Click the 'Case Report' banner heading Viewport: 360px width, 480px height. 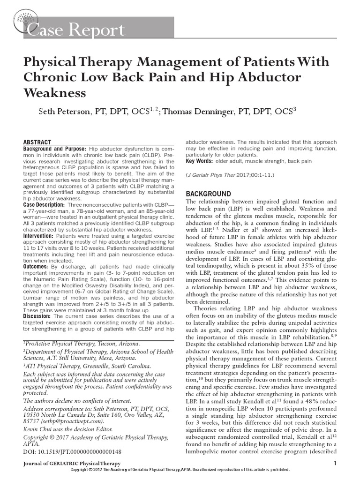coord(77,31)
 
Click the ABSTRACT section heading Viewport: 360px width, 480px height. coord(39,142)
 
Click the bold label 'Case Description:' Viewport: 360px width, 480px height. coord(45,205)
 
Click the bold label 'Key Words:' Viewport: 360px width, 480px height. coord(200,161)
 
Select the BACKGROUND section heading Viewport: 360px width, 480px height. coord(209,194)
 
